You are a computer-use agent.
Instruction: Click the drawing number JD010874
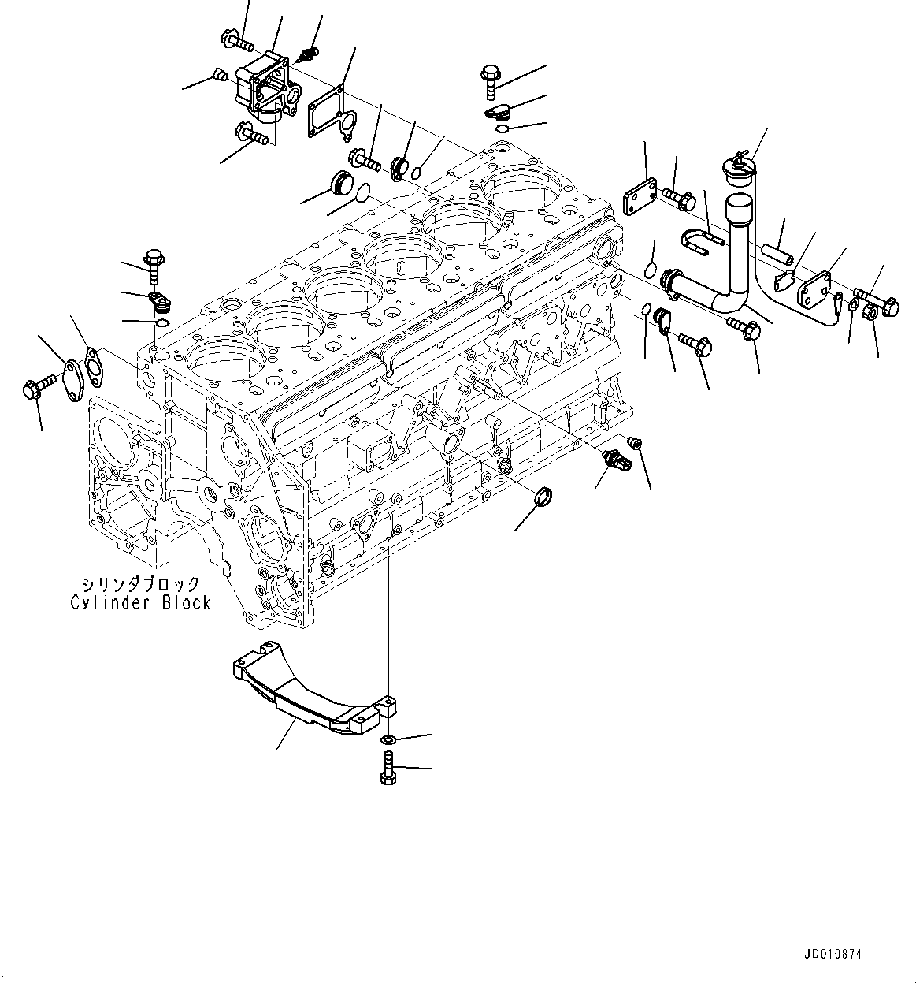click(833, 955)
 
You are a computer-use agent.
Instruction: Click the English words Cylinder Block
click(140, 602)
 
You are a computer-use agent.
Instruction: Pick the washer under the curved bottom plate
click(388, 741)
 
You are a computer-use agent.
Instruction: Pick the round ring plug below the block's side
click(544, 498)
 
